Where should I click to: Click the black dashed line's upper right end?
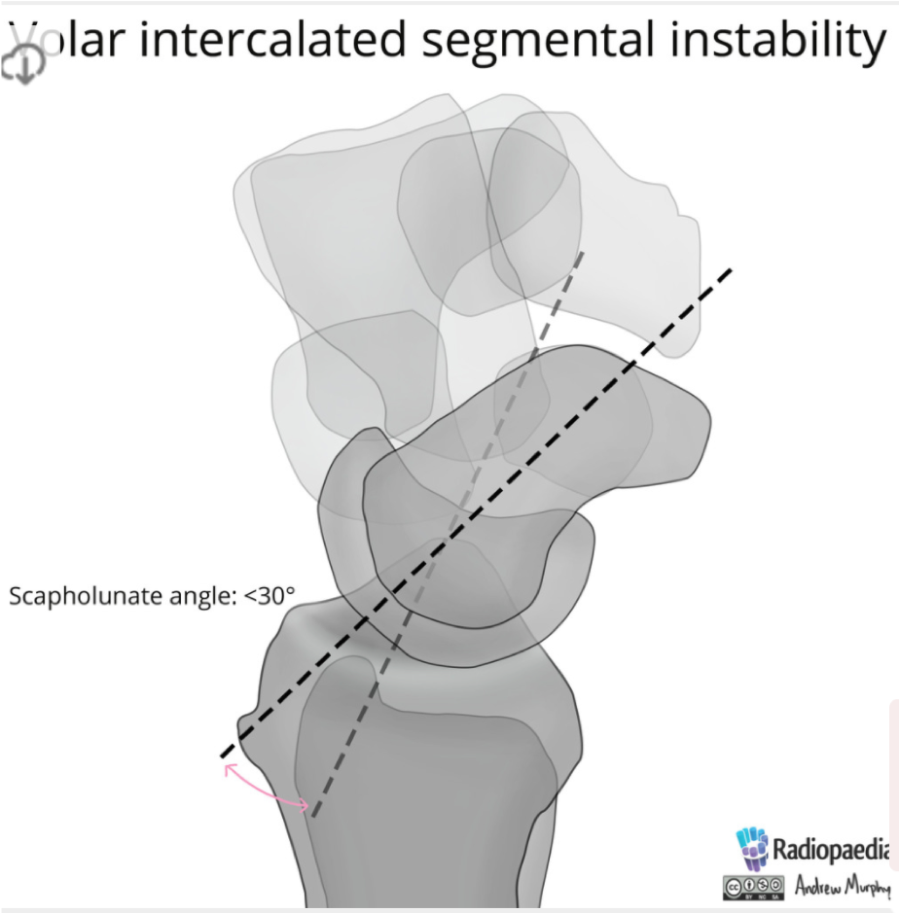[729, 269]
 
